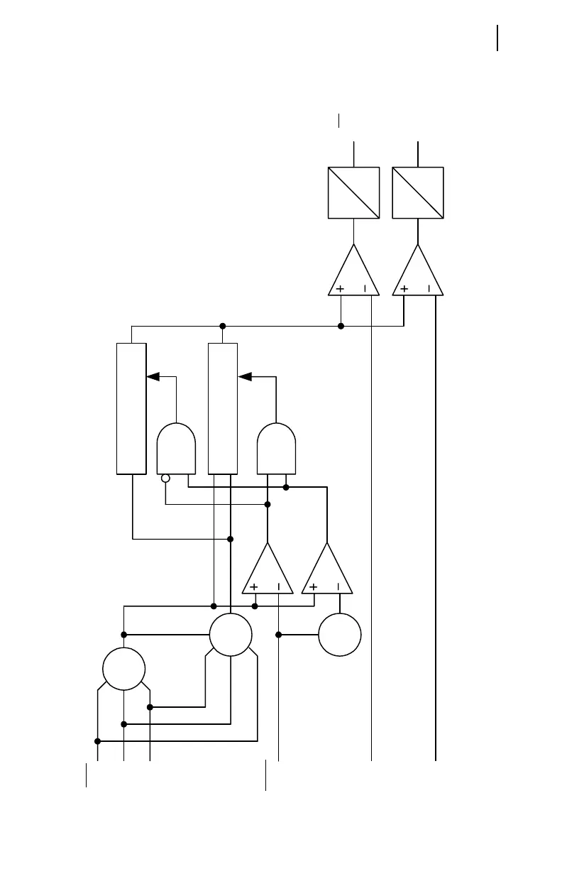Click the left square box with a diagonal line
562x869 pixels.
click(x=353, y=193)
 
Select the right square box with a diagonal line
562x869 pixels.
click(x=418, y=193)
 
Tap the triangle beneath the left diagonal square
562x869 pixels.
click(x=353, y=273)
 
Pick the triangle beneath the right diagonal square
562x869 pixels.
click(x=418, y=273)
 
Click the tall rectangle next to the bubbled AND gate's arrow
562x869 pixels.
click(x=131, y=408)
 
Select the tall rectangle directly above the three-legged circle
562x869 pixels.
click(x=223, y=408)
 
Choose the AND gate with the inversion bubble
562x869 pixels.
click(x=175, y=449)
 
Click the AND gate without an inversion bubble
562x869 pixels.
click(x=276, y=449)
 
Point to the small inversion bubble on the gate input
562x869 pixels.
click(x=165, y=479)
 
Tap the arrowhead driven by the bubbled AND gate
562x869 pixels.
click(x=151, y=376)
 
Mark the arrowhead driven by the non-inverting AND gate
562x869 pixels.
click(x=245, y=376)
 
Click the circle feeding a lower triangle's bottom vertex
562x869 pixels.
click(x=340, y=635)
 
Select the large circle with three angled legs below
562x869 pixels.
click(x=231, y=635)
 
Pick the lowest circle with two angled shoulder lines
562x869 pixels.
click(x=124, y=669)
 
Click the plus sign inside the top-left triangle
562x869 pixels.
click(x=340, y=289)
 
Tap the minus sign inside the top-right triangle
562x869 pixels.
click(x=429, y=289)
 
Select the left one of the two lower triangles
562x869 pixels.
click(x=268, y=570)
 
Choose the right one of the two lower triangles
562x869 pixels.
click(x=327, y=570)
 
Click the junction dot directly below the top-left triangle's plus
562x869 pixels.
click(x=341, y=326)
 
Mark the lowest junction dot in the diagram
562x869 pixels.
click(x=98, y=741)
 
